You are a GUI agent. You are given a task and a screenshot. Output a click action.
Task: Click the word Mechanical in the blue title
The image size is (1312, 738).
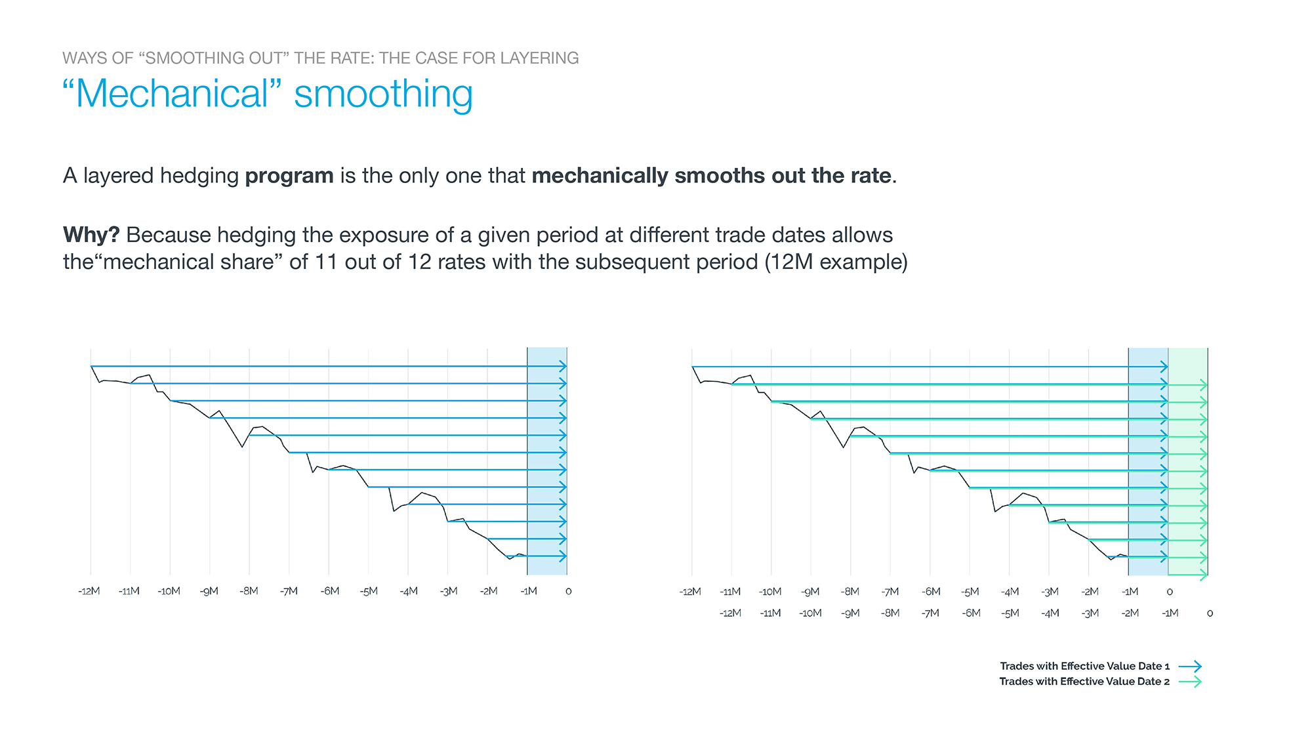(x=172, y=94)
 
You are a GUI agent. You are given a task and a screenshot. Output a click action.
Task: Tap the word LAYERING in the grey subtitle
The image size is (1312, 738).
(x=539, y=58)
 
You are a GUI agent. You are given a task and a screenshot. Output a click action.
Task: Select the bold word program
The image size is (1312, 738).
(x=289, y=176)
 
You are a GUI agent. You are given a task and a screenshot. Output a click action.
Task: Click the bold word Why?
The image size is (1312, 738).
(x=91, y=235)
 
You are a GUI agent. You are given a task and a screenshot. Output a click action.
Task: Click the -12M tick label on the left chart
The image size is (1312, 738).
(x=89, y=591)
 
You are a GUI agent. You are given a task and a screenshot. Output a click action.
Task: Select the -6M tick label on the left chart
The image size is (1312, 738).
(x=330, y=591)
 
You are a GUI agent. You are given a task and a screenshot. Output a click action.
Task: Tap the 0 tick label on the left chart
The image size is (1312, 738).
(x=568, y=591)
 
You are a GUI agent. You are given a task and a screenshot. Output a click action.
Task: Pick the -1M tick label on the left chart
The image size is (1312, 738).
(x=529, y=591)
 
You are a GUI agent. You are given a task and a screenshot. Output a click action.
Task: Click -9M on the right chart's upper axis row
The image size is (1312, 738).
(x=810, y=592)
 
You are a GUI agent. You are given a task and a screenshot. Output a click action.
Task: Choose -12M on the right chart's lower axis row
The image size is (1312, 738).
(x=730, y=613)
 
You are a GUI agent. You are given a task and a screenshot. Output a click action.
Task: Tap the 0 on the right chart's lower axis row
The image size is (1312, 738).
(x=1210, y=613)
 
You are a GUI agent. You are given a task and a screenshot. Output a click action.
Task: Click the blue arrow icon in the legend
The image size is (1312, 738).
(x=1190, y=666)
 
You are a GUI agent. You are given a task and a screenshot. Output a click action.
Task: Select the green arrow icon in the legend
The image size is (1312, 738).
(x=1190, y=682)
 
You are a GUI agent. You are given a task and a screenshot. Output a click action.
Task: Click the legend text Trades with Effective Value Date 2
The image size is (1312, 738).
(x=1084, y=682)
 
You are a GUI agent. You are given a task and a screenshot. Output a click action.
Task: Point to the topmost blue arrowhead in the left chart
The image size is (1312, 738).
(x=563, y=366)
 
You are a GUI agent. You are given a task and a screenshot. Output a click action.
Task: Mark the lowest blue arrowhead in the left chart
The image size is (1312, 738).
(x=563, y=556)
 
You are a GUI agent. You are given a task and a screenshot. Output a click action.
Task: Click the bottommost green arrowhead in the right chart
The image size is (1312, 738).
(x=1204, y=575)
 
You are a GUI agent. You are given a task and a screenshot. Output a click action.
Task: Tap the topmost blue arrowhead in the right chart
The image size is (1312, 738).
(x=1164, y=367)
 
